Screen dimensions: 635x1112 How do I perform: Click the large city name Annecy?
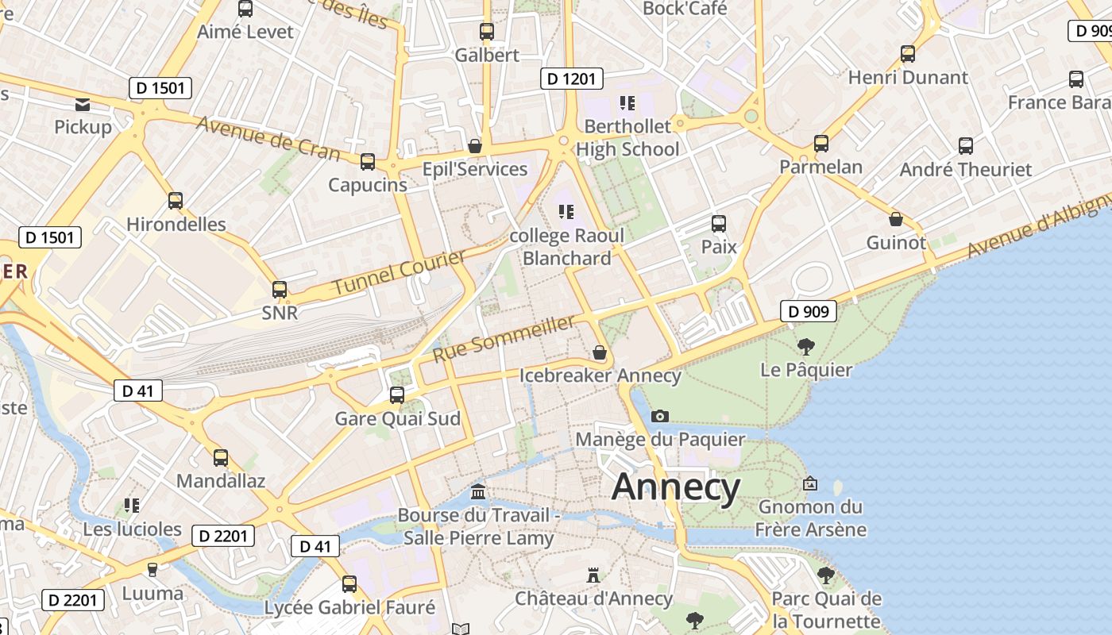676,487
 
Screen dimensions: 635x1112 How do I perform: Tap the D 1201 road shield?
572,79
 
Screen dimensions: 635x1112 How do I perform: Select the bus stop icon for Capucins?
367,162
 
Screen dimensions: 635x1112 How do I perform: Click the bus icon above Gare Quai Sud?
396,394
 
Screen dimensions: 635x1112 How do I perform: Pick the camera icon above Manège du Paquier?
659,416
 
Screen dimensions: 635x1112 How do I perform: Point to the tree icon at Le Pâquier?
805,347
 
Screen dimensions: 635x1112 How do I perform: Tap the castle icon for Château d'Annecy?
593,575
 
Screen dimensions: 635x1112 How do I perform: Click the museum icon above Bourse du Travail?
478,491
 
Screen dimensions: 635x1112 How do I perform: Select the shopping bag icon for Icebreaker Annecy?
600,352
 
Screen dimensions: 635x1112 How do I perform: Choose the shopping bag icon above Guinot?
896,219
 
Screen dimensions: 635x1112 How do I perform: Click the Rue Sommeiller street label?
504,339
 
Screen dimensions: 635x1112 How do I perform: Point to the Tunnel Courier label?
399,272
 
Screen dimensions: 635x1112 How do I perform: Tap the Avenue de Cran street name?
268,138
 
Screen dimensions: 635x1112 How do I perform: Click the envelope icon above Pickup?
83,104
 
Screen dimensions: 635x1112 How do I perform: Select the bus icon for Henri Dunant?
907,54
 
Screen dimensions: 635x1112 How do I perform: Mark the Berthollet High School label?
627,137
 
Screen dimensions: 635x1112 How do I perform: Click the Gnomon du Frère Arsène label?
810,518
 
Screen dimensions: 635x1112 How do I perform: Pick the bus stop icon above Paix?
718,224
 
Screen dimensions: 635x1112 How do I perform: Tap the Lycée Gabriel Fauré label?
349,608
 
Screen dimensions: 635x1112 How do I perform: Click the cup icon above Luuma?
153,569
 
